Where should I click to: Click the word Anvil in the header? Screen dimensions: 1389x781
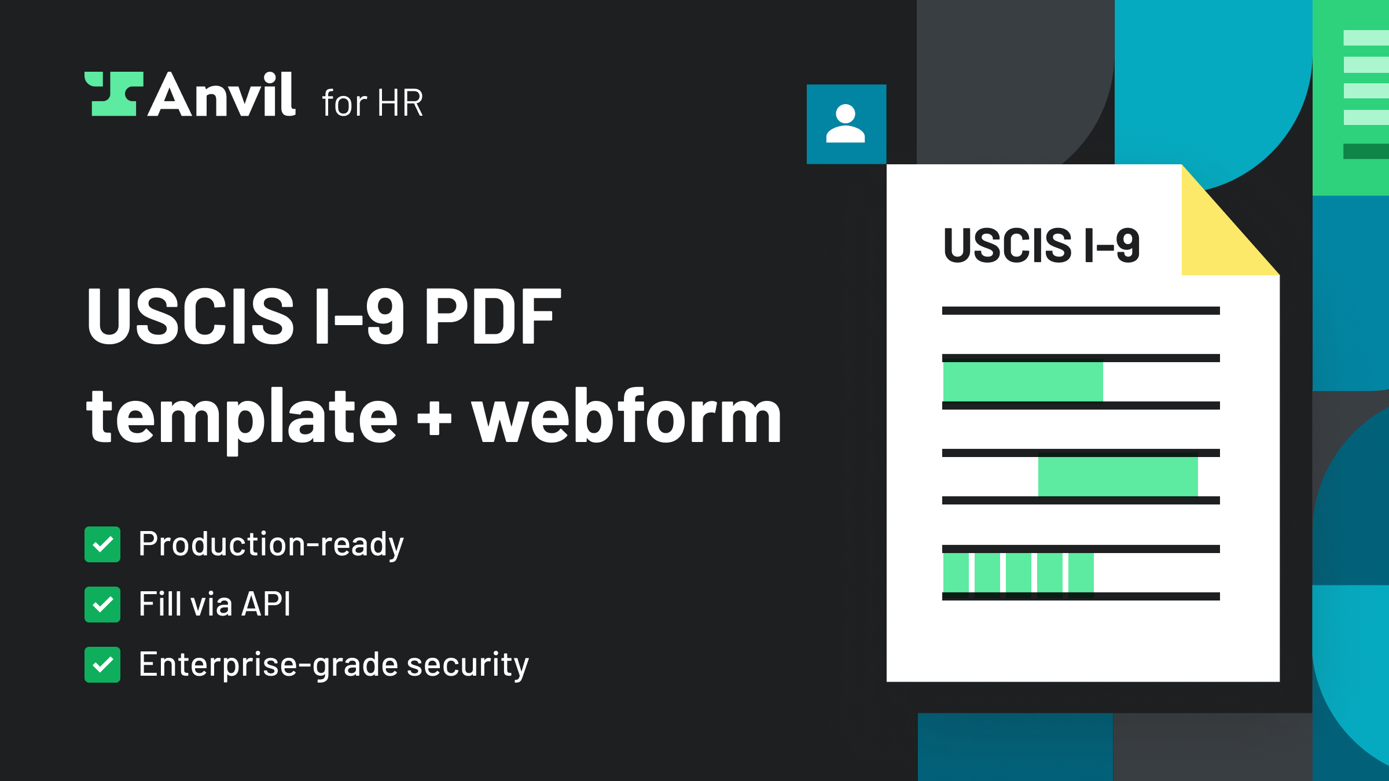pyautogui.click(x=222, y=94)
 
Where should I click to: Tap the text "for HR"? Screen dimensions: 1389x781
pyautogui.click(x=373, y=103)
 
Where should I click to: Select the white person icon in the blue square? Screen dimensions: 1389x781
pyautogui.click(x=846, y=123)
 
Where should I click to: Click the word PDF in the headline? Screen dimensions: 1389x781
pyautogui.click(x=493, y=316)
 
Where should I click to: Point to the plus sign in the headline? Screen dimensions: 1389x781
pyautogui.click(x=434, y=418)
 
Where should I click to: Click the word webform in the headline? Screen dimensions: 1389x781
pyautogui.click(x=627, y=415)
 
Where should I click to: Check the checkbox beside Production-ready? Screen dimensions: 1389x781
pyautogui.click(x=102, y=544)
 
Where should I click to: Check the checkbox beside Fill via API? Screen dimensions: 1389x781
pyautogui.click(x=102, y=605)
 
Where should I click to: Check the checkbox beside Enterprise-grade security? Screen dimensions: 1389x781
pyautogui.click(x=102, y=665)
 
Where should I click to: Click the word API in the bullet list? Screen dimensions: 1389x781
pyautogui.click(x=266, y=605)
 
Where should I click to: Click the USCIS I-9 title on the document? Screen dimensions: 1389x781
pyautogui.click(x=1042, y=245)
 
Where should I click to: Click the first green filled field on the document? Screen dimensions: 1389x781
pyautogui.click(x=1023, y=382)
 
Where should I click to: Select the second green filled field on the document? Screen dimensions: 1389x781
pyautogui.click(x=1118, y=477)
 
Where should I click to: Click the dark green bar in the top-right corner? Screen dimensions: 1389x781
pyautogui.click(x=1366, y=151)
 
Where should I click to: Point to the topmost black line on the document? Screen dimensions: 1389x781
pyautogui.click(x=1081, y=311)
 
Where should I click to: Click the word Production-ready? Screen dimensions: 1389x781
pyautogui.click(x=271, y=544)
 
